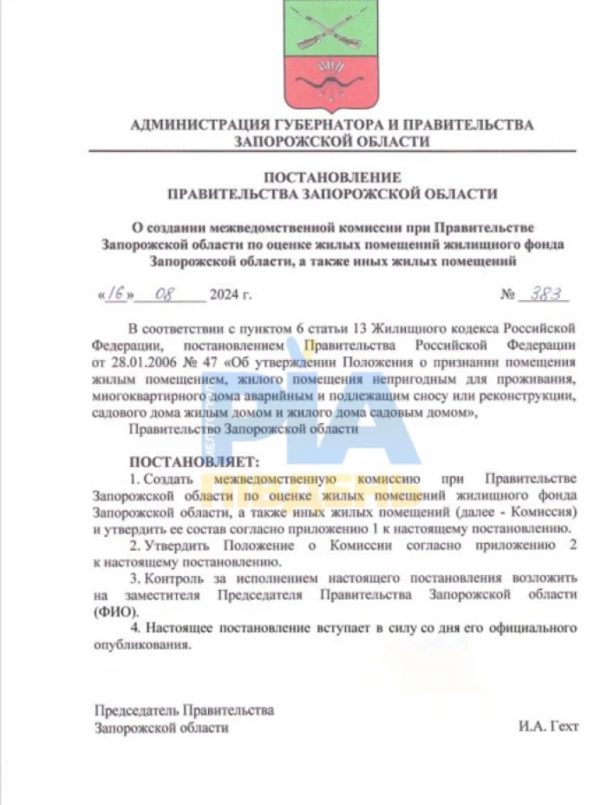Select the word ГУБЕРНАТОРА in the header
(x=309, y=125)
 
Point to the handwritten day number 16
(x=115, y=294)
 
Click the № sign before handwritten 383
(x=507, y=296)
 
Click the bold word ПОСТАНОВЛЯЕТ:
(x=193, y=461)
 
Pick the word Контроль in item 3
(x=187, y=578)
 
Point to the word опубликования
(x=141, y=645)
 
